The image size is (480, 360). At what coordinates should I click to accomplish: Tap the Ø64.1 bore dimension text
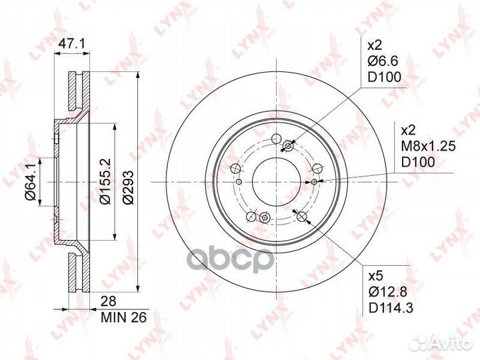tap(31, 183)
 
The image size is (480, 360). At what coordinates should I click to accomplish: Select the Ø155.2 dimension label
tap(105, 181)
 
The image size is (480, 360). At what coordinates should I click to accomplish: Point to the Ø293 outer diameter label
tap(128, 187)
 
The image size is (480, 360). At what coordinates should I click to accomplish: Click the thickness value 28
tap(109, 301)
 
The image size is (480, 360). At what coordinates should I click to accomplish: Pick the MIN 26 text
tap(124, 317)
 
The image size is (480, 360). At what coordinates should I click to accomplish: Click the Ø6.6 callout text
tap(383, 61)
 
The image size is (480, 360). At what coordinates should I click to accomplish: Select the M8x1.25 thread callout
tap(428, 146)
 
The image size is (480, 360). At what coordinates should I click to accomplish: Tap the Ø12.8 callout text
tap(388, 293)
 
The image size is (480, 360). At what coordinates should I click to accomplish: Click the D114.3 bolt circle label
tap(391, 308)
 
